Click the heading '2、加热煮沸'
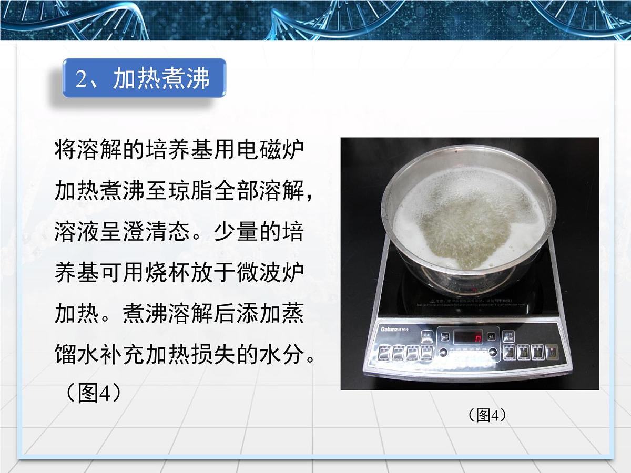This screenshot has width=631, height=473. (x=144, y=79)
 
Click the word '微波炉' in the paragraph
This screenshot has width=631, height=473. (x=270, y=274)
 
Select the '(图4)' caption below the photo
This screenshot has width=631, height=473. (x=487, y=415)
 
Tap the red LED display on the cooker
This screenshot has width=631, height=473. (x=469, y=336)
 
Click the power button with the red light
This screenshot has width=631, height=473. (x=552, y=351)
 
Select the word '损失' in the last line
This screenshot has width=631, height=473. (x=213, y=356)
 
